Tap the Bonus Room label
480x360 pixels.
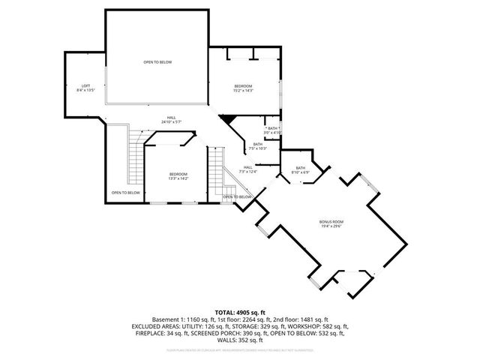pyautogui.click(x=331, y=223)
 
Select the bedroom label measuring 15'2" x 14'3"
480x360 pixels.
pyautogui.click(x=242, y=88)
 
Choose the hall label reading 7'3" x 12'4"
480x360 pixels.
pyautogui.click(x=247, y=170)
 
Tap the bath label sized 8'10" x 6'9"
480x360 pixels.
pyautogui.click(x=300, y=170)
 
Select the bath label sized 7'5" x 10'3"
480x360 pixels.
pyautogui.click(x=257, y=146)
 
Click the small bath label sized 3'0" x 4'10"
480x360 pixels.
pyautogui.click(x=272, y=130)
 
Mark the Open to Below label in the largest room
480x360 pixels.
pyautogui.click(x=157, y=62)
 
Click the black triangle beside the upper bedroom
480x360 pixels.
pyautogui.click(x=227, y=119)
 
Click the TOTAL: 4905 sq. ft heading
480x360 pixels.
pyautogui.click(x=240, y=311)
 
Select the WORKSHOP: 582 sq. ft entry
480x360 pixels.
pyautogui.click(x=319, y=327)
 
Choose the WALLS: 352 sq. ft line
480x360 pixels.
pyautogui.click(x=240, y=342)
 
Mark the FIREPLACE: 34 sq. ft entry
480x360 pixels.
pyautogui.click(x=154, y=334)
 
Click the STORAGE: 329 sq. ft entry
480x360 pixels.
pyautogui.click(x=257, y=327)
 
